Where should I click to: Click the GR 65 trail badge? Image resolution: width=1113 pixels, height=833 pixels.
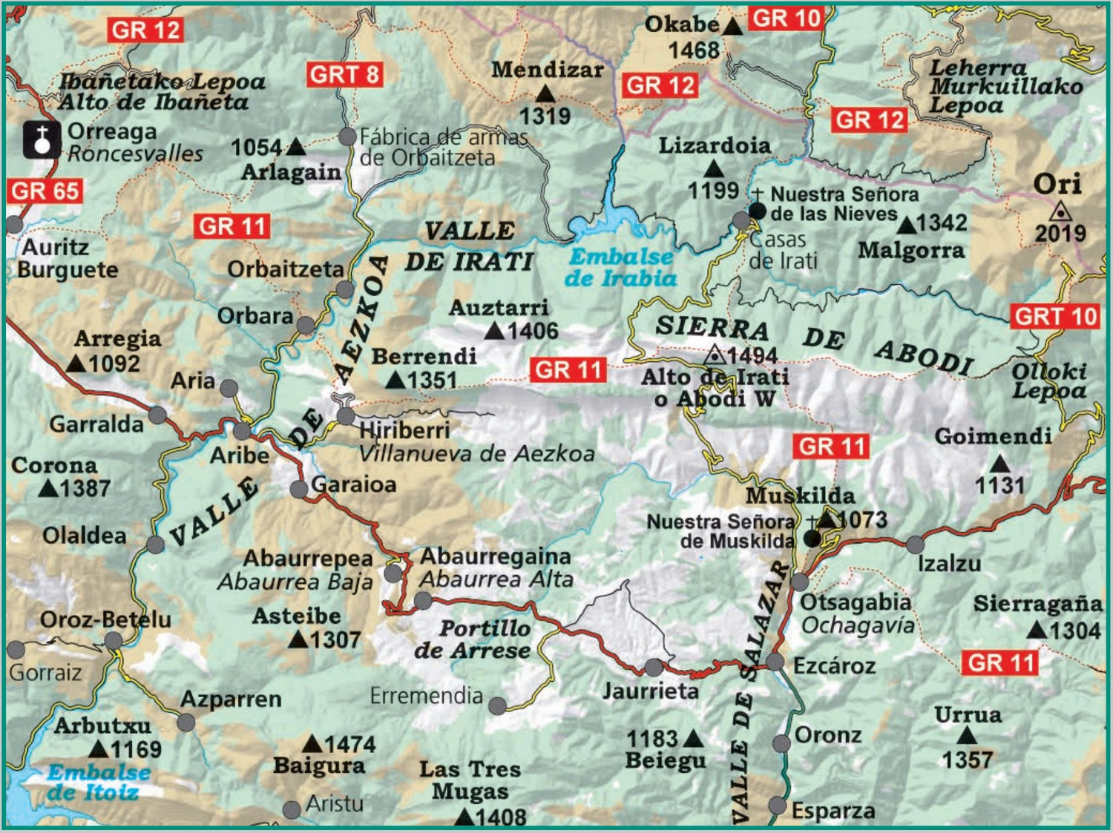click(45, 191)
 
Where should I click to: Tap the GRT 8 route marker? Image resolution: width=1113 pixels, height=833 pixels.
click(344, 75)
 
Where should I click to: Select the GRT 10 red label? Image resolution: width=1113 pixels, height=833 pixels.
click(1055, 317)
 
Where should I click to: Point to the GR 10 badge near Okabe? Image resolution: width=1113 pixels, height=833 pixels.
click(786, 19)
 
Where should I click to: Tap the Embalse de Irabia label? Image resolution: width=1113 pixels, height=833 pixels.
click(621, 268)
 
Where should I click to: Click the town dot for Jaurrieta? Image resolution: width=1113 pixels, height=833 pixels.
click(654, 668)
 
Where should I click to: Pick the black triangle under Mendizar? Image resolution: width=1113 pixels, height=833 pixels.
click(545, 94)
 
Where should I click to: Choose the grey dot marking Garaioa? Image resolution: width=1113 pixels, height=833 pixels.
click(298, 489)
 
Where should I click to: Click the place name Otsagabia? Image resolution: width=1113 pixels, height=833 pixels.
click(855, 602)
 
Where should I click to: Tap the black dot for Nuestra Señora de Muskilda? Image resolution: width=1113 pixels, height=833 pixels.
click(812, 539)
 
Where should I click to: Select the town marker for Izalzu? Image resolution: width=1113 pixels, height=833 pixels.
click(916, 545)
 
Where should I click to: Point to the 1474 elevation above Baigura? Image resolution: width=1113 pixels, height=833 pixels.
click(349, 744)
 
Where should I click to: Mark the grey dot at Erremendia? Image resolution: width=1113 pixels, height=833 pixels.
click(498, 705)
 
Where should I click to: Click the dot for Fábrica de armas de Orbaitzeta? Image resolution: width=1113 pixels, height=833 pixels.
click(347, 136)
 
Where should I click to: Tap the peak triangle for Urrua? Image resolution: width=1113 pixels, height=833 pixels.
click(966, 736)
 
